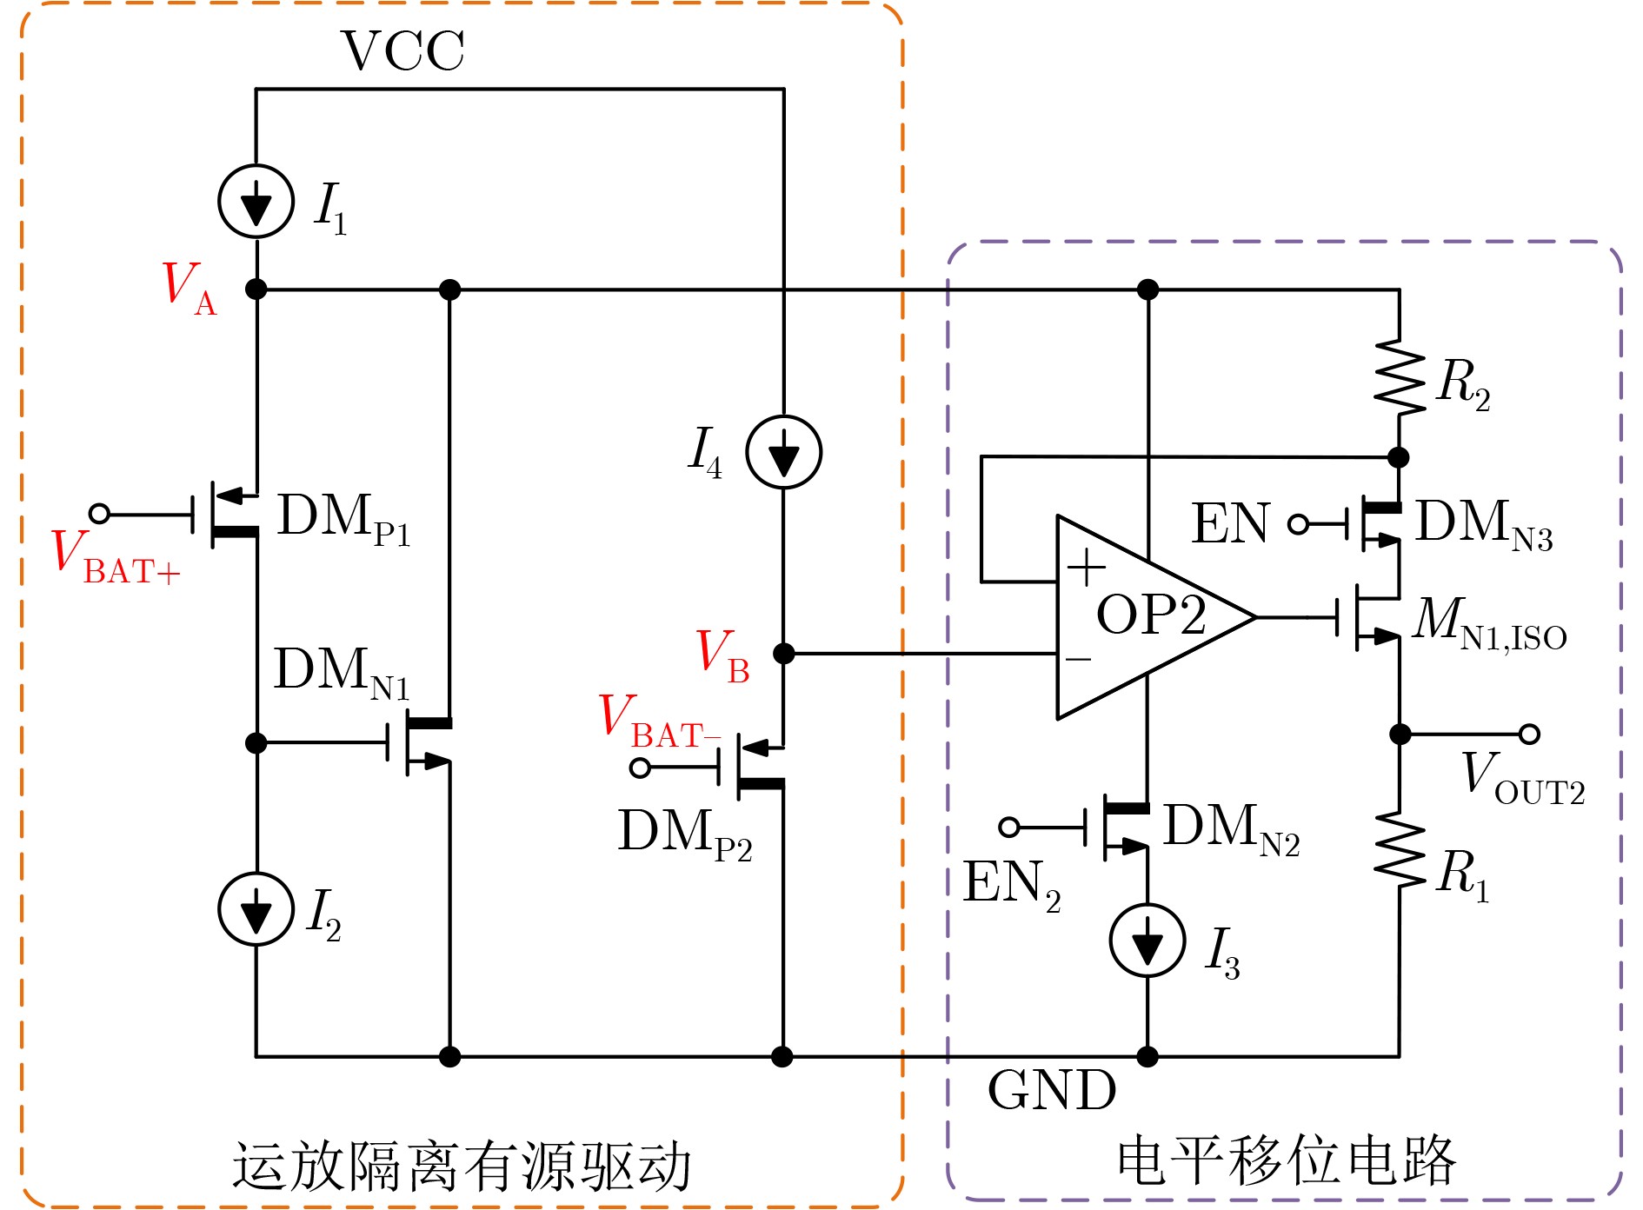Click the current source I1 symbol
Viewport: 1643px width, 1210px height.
click(x=256, y=202)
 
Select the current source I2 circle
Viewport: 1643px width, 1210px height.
click(x=256, y=909)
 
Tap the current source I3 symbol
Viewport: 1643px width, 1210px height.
click(x=1147, y=941)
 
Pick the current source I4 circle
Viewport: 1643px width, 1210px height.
click(x=784, y=452)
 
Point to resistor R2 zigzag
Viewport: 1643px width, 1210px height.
click(x=1400, y=376)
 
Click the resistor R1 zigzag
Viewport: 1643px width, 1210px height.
click(x=1400, y=850)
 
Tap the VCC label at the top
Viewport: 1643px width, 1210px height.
click(x=402, y=50)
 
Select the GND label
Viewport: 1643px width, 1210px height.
click(x=1052, y=1090)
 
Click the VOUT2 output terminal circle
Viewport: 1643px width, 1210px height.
click(x=1529, y=735)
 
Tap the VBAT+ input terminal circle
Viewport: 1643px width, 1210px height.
click(x=100, y=514)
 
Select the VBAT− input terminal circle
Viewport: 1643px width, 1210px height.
click(x=641, y=768)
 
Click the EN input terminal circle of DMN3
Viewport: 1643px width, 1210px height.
click(x=1298, y=524)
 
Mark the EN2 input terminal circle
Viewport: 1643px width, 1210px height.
click(x=1009, y=827)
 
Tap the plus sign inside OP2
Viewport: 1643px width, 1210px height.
click(x=1086, y=569)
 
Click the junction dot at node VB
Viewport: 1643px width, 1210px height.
click(x=784, y=653)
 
